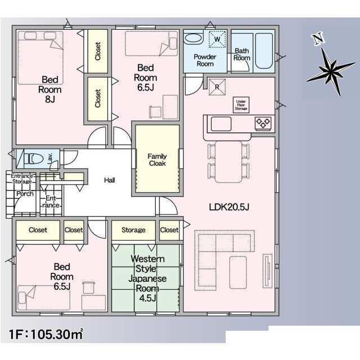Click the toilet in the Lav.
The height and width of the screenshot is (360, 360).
coord(34,159)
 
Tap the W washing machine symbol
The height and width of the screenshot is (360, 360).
coord(217,39)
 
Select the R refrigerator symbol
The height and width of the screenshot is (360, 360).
coord(217,87)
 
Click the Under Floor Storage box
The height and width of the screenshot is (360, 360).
coord(241,105)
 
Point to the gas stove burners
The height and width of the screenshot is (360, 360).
coord(263,123)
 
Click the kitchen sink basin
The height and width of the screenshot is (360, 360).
coord(221,124)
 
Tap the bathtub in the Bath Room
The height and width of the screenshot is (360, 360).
coord(264,51)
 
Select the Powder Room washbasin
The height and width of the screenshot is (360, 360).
coord(193,38)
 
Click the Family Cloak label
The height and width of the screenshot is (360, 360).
coord(157,160)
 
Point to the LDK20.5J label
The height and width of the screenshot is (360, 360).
coord(229,208)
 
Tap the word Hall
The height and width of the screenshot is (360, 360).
coord(110,180)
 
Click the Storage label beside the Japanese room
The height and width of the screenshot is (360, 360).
coord(133,230)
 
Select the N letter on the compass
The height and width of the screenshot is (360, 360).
coord(318,39)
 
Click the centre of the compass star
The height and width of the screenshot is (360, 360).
coord(331,72)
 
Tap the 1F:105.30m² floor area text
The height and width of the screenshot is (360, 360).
coord(46,334)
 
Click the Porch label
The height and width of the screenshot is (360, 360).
coord(25,193)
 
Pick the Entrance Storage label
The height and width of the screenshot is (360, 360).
coord(22,179)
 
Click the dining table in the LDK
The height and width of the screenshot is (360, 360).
coord(228,161)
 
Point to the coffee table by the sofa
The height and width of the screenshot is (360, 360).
coord(238,272)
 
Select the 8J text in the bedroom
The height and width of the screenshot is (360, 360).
coord(50,99)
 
